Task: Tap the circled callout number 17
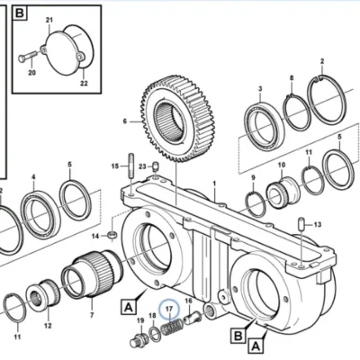(x=169, y=309)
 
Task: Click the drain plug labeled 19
(x=139, y=339)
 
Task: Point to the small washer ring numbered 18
(x=155, y=333)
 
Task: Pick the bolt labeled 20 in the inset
(x=28, y=56)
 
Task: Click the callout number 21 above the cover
(x=49, y=20)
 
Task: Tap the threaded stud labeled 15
(x=131, y=166)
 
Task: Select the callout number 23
(x=142, y=166)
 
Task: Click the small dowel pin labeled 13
(x=302, y=224)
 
